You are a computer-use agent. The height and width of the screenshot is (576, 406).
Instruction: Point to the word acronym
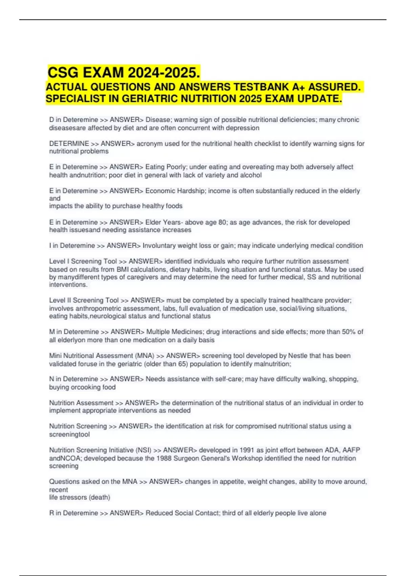click(149, 144)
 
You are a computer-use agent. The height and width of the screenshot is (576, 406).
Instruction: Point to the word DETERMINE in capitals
click(69, 144)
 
